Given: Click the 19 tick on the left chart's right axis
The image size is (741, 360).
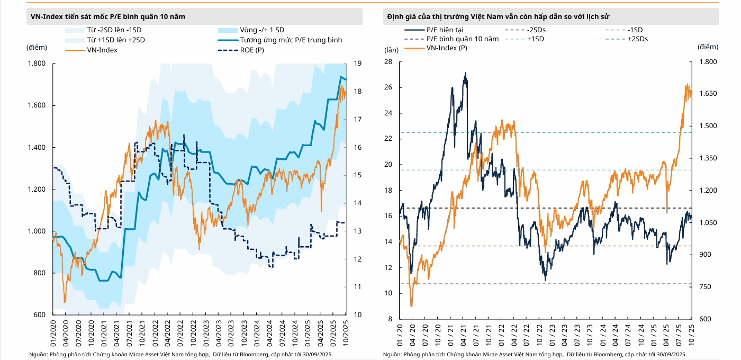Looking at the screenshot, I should (x=358, y=64).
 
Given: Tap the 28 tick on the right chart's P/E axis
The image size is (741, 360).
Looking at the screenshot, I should (x=388, y=62).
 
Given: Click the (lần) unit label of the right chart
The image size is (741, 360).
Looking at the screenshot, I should (x=391, y=50).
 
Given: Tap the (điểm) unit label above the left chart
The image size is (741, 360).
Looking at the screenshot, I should (x=37, y=47).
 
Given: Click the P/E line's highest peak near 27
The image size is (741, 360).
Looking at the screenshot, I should (x=465, y=73).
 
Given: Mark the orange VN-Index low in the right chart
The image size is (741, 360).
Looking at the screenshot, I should (x=411, y=306).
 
